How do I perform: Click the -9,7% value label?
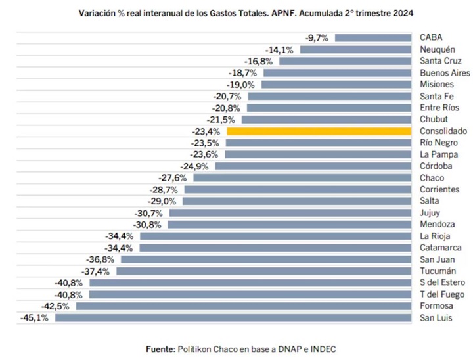(x=317, y=38)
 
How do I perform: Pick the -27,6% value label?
(x=173, y=178)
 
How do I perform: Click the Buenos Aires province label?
(x=445, y=73)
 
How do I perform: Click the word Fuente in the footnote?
(x=160, y=348)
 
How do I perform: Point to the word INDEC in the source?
(x=323, y=348)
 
